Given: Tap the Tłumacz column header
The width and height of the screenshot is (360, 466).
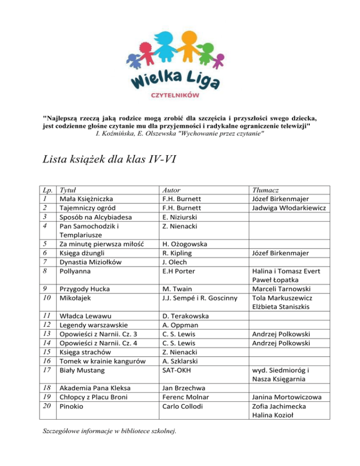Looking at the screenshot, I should point(265,190).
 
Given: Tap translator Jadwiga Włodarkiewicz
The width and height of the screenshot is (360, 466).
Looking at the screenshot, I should point(294,208).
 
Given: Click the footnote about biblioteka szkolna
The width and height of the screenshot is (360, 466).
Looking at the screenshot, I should point(109,432).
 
